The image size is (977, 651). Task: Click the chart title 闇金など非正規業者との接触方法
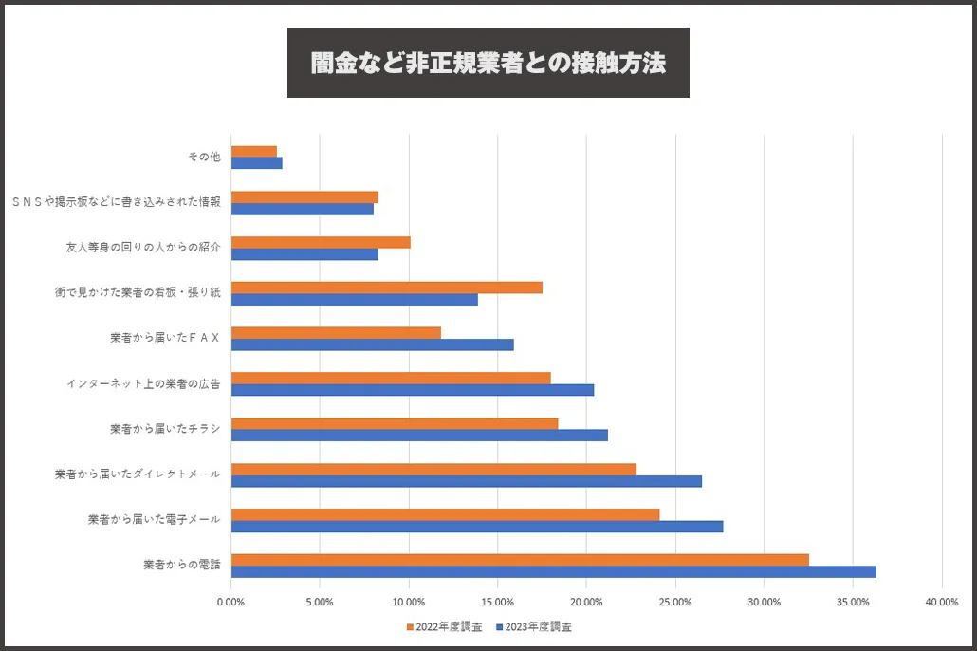[x=488, y=63]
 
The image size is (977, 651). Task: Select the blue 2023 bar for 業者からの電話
[x=553, y=571]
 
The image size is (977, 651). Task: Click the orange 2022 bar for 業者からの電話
[x=520, y=560]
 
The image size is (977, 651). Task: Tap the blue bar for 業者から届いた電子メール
[x=477, y=526]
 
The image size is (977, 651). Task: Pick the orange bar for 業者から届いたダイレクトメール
[x=433, y=469]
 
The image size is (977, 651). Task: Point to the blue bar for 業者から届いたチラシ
[x=419, y=436]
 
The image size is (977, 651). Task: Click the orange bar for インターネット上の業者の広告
[x=391, y=378]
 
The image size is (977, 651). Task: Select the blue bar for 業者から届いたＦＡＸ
[x=373, y=344]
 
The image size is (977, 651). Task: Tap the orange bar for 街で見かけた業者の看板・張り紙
[x=387, y=288]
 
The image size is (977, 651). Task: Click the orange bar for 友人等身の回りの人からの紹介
[x=321, y=242]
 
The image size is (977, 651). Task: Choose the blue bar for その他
[x=257, y=162]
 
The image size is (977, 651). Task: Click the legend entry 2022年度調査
[x=443, y=626]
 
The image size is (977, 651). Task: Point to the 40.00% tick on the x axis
[x=941, y=602]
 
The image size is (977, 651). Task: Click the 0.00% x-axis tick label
[x=230, y=602]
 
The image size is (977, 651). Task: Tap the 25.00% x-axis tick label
[x=674, y=602]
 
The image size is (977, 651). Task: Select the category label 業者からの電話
[x=182, y=565]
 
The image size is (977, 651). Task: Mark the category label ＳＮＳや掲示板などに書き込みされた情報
[x=116, y=202]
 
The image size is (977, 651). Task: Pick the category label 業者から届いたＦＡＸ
[x=165, y=338]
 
